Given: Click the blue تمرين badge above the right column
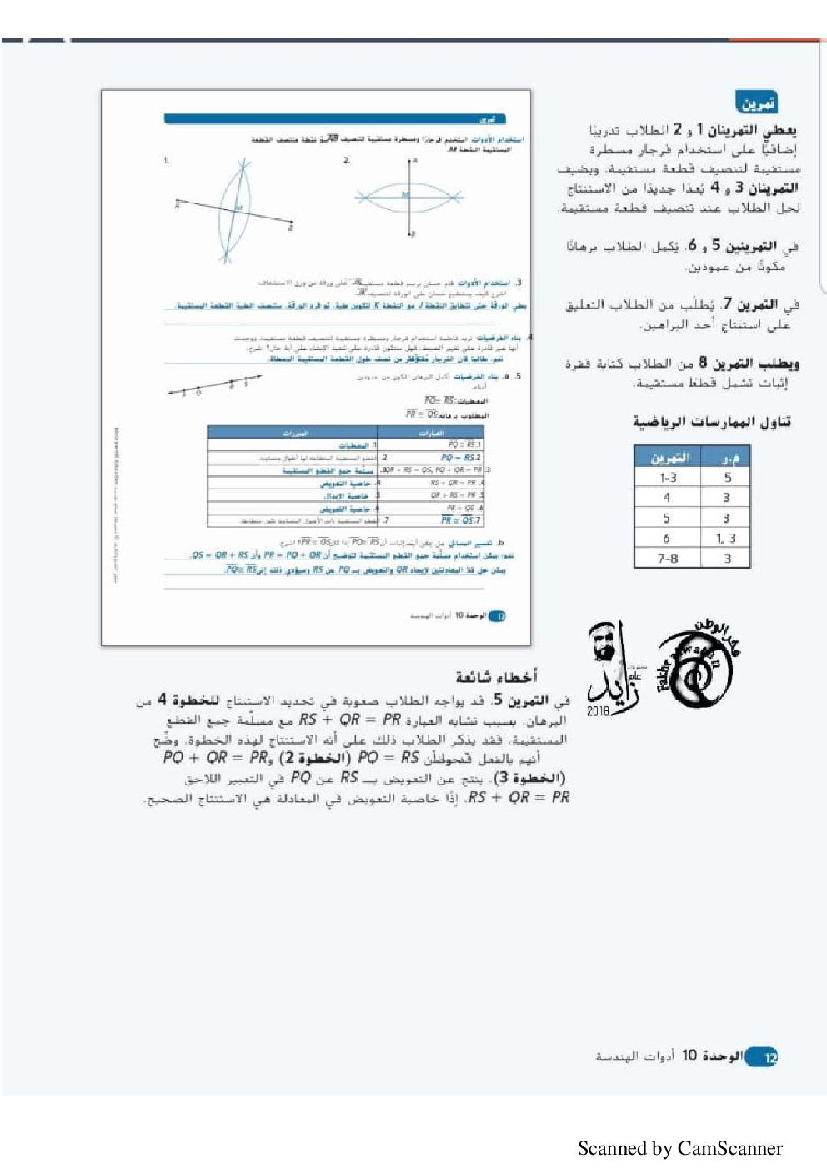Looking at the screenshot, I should tap(757, 103).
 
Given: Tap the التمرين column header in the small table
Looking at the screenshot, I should tap(669, 457).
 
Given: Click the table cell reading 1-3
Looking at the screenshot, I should tap(668, 478).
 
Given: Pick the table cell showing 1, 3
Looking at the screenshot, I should tap(726, 539).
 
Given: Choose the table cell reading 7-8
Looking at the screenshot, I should tap(668, 559).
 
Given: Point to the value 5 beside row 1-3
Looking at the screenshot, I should tap(727, 478).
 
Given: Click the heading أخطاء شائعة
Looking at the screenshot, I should tap(496, 676).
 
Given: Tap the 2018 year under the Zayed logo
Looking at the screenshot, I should tap(598, 711).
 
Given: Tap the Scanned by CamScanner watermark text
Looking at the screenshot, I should tap(679, 1148).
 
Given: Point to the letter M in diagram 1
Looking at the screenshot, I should tap(238, 208).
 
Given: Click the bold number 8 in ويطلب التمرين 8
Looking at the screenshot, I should tap(703, 363).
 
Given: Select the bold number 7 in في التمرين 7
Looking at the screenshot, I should tap(727, 304).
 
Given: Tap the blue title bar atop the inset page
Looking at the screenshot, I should tap(334, 119).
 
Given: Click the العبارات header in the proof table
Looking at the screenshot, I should tap(431, 433).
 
